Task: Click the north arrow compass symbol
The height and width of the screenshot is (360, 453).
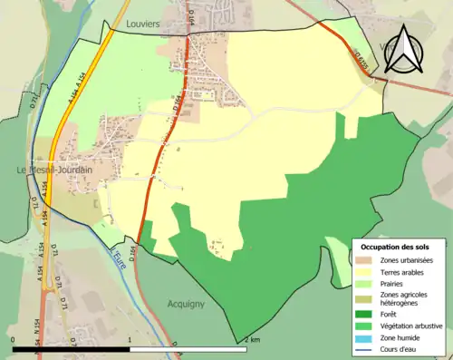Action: point(403,49)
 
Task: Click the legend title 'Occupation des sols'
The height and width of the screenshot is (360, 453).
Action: point(396,247)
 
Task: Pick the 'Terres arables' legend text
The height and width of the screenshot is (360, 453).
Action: point(402,272)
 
